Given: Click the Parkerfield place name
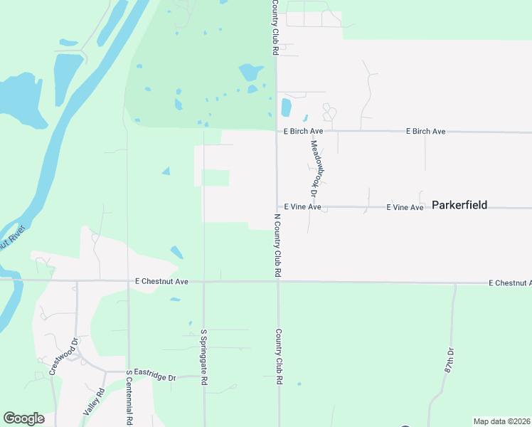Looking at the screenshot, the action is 459,205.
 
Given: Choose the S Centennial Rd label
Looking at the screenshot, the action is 129,397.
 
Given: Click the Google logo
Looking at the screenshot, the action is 23,418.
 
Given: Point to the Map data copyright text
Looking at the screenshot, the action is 502,421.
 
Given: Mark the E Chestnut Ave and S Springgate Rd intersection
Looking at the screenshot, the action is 203,282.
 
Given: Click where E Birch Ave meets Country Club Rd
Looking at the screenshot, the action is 277,131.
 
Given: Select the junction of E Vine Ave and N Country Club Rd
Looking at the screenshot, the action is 277,207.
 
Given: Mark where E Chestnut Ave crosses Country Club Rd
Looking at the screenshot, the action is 277,282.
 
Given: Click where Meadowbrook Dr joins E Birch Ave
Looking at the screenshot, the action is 309,131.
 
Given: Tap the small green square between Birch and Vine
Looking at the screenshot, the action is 216,178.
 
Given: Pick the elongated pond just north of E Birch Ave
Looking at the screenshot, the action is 286,107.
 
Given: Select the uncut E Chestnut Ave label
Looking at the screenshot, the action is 161,282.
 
